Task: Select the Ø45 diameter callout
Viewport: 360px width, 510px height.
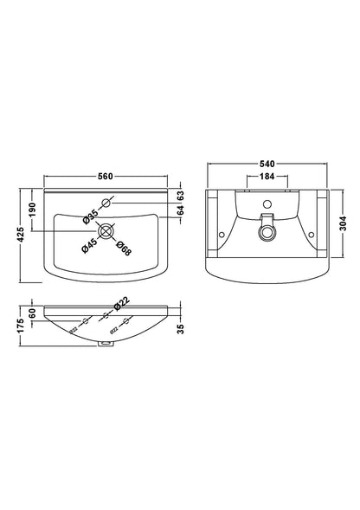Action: (88, 246)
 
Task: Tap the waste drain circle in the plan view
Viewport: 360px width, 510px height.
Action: (106, 231)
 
